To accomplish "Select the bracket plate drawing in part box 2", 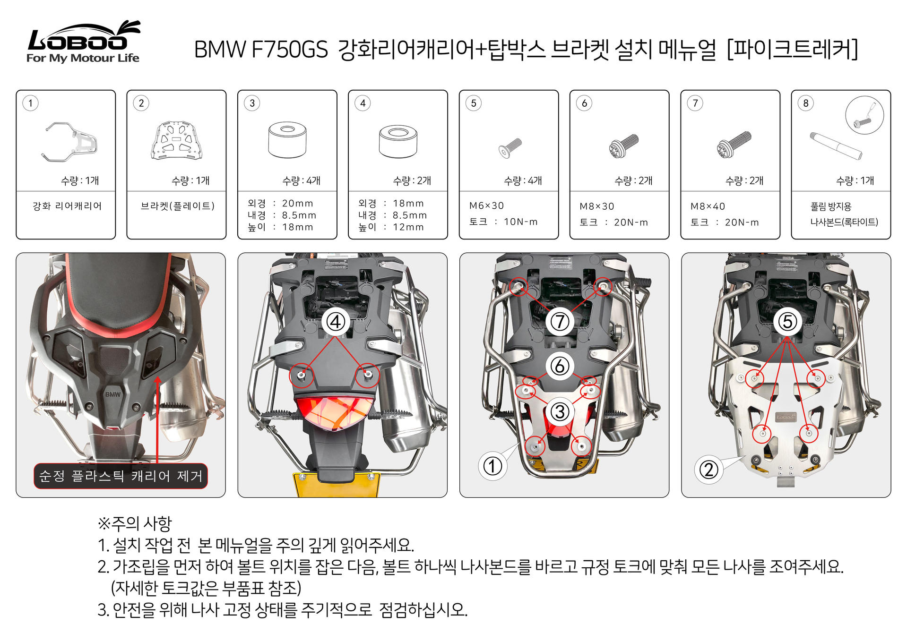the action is tap(177, 140).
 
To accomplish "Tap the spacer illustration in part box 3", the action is tap(287, 140).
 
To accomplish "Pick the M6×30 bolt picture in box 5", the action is tap(510, 147).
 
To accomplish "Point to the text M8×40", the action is tap(708, 206).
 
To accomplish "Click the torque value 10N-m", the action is tap(520, 222).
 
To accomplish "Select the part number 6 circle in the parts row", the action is tap(584, 103).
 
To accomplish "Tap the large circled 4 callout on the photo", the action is tap(336, 322).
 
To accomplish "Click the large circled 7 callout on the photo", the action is tap(560, 322).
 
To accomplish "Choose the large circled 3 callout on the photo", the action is tap(560, 411).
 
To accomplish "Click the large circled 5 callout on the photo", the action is tap(787, 322).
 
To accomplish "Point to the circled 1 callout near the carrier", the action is tap(492, 466).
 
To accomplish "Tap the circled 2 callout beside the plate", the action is tap(708, 470).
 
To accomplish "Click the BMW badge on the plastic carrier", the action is tap(112, 394).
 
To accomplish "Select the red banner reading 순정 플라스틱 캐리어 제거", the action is tap(121, 476).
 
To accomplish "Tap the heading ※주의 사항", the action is tap(135, 523).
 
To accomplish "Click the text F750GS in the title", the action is tap(289, 50).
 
